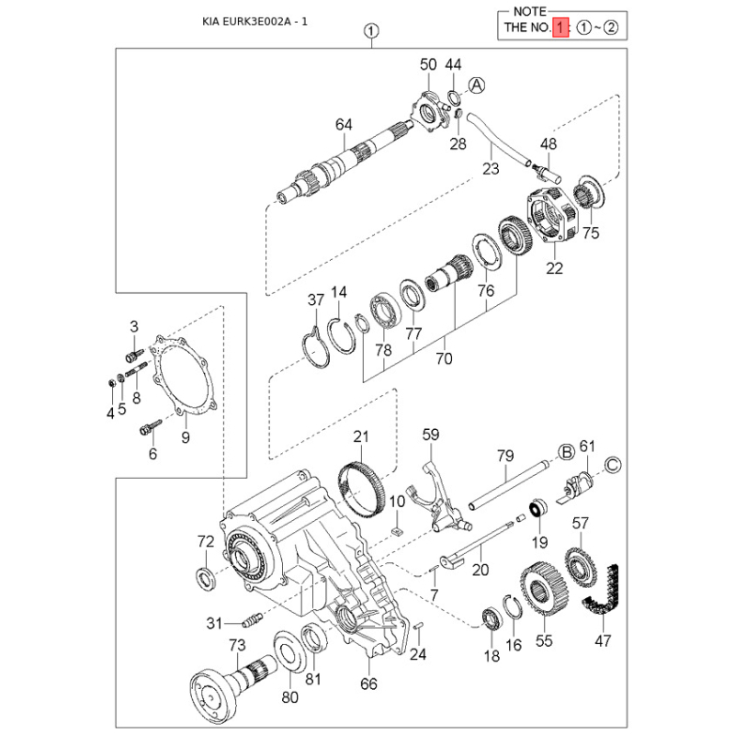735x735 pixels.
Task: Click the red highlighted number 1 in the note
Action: (560, 28)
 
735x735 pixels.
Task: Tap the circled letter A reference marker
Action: (476, 85)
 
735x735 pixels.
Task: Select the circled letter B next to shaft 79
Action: (566, 452)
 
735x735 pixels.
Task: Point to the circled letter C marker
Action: (613, 465)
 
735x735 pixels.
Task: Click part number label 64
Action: (344, 125)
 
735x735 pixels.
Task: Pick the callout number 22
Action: (554, 268)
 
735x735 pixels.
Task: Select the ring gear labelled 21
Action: (361, 488)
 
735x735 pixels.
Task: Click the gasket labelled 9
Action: (184, 375)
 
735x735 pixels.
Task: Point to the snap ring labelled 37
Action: (315, 348)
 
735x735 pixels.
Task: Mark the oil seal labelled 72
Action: (206, 579)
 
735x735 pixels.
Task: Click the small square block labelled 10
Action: (397, 530)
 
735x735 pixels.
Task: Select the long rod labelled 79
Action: (509, 485)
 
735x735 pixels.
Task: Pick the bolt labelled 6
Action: (151, 426)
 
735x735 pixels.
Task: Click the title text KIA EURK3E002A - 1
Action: (254, 21)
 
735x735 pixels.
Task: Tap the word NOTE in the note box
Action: (530, 11)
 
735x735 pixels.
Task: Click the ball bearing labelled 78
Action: (385, 311)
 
